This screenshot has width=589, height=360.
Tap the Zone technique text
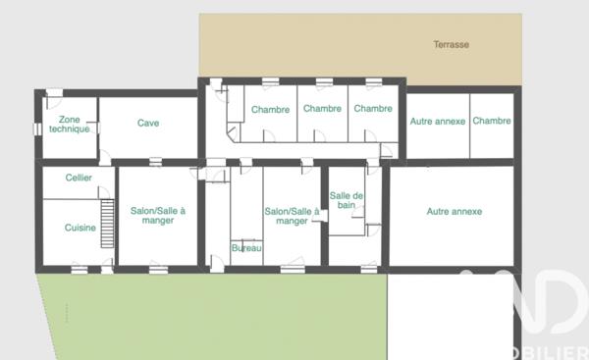point(69,124)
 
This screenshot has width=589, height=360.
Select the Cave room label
point(148,124)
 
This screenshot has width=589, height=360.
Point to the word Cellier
point(79,178)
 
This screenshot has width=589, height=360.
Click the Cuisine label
point(79,227)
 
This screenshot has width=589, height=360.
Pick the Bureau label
point(246,248)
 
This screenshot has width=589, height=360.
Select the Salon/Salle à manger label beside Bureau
point(292,216)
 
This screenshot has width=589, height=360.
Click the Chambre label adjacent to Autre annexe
point(491,122)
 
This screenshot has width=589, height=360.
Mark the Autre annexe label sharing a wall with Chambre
point(437,122)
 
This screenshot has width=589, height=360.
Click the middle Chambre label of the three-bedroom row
point(321,110)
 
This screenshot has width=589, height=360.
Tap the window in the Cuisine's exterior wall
point(79,268)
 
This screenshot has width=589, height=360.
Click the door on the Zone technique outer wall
point(54,94)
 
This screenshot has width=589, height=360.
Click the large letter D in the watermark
point(550,304)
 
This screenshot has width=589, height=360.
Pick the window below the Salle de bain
point(368,268)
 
